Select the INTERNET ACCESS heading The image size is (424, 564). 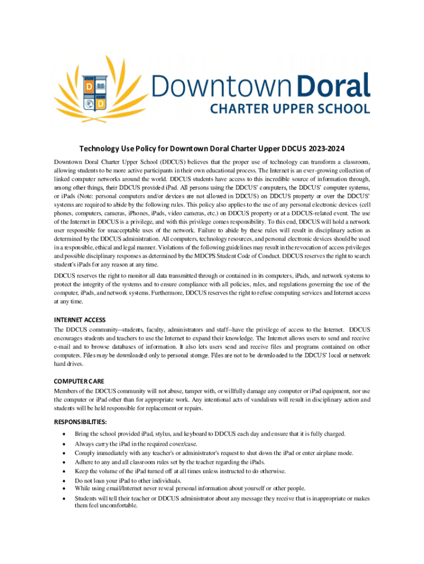[79, 320]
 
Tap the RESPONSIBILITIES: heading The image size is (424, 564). [81, 422]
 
